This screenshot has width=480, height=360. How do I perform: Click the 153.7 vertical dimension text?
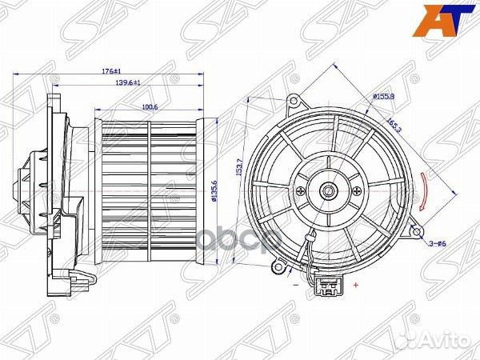[x=238, y=174]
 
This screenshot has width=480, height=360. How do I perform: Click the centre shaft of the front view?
[x=327, y=192]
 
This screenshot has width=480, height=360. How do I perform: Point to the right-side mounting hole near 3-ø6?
[x=416, y=232]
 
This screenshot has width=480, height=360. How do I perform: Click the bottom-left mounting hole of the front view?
[x=279, y=263]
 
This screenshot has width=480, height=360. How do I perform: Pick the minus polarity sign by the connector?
[x=295, y=284]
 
